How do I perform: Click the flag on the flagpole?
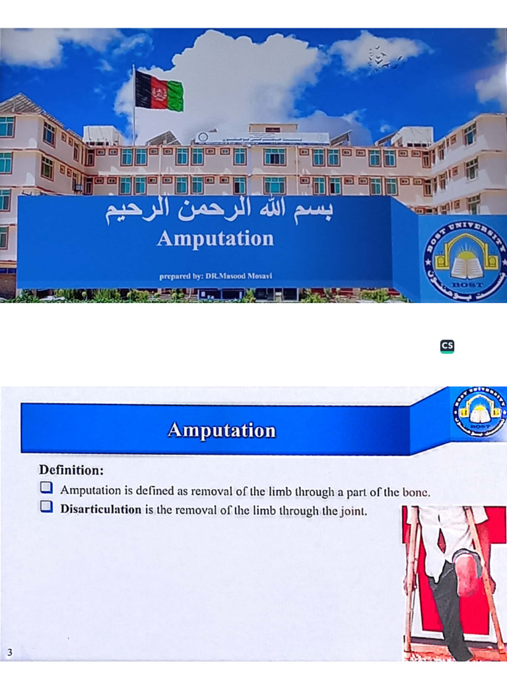click(159, 90)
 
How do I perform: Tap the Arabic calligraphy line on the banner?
click(220, 212)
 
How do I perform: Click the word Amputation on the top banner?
click(215, 238)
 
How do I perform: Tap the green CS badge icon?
click(447, 346)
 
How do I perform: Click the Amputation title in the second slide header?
click(221, 430)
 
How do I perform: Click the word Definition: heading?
click(71, 471)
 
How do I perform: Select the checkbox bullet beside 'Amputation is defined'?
click(46, 489)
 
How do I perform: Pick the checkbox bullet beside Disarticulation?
click(46, 508)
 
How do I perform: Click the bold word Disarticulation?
click(101, 509)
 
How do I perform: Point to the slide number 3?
click(9, 654)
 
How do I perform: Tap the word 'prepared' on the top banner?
click(175, 277)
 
